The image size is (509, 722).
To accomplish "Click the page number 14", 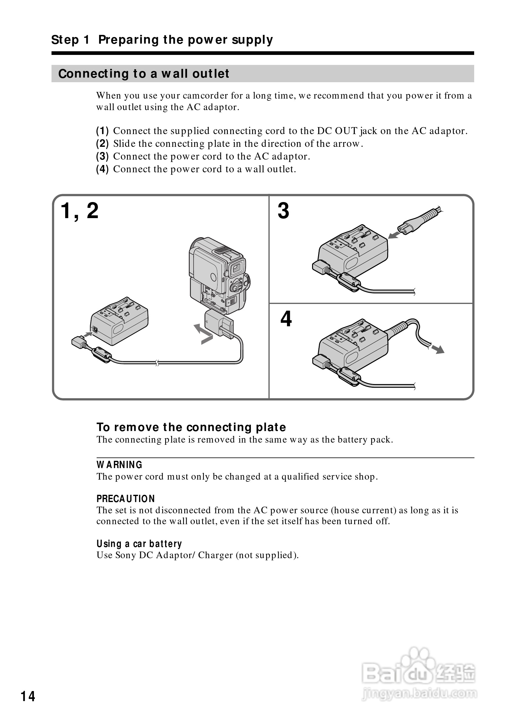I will (x=28, y=696).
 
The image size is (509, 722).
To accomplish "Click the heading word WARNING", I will (x=119, y=464).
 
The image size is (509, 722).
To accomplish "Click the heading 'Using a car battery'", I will (x=139, y=543).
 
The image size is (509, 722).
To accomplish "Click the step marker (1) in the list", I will (x=102, y=130).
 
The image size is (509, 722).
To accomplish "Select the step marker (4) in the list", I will (x=102, y=169).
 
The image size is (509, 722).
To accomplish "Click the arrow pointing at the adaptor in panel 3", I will (x=394, y=235).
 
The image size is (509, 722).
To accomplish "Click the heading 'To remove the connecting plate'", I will (x=191, y=427).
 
